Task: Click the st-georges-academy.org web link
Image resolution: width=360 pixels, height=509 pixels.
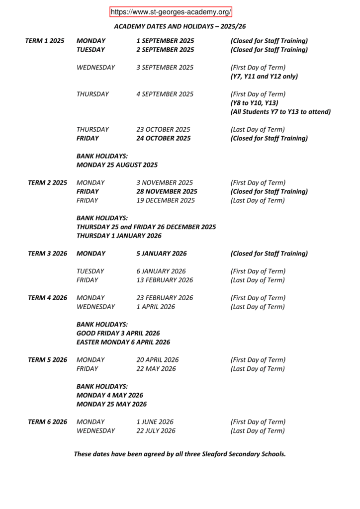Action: pyautogui.click(x=171, y=12)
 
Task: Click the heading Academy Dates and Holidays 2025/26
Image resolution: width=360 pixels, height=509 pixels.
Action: pyautogui.click(x=180, y=26)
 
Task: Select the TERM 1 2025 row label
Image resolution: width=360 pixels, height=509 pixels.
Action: pyautogui.click(x=45, y=41)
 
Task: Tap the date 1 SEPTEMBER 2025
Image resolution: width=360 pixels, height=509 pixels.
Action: pyautogui.click(x=165, y=41)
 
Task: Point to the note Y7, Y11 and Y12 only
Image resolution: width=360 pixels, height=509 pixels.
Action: pyautogui.click(x=264, y=77)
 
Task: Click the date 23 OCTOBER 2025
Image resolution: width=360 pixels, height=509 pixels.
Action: pyautogui.click(x=163, y=129)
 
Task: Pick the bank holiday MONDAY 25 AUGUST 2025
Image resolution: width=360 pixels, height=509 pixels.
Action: pyautogui.click(x=117, y=165)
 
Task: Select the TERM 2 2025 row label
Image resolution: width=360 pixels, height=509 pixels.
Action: pyautogui.click(x=47, y=182)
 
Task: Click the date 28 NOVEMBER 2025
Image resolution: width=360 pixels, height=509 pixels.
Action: pyautogui.click(x=167, y=191)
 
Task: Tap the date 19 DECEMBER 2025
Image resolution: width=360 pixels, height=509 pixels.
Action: pyautogui.click(x=166, y=200)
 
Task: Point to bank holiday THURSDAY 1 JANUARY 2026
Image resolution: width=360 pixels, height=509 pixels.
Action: pyautogui.click(x=119, y=236)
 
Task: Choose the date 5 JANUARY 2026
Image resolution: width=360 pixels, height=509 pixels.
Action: pyautogui.click(x=162, y=254)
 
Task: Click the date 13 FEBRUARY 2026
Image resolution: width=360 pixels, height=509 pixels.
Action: pyautogui.click(x=165, y=280)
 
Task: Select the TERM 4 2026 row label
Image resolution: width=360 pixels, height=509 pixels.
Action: pyautogui.click(x=47, y=298)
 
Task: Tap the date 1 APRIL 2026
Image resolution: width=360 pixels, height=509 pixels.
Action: pyautogui.click(x=156, y=307)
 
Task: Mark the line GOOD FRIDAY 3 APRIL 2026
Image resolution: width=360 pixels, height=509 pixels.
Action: pyautogui.click(x=118, y=333)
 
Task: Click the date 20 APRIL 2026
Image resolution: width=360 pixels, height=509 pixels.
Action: pyautogui.click(x=158, y=359)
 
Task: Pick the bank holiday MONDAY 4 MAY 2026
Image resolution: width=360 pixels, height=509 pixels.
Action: pyautogui.click(x=110, y=395)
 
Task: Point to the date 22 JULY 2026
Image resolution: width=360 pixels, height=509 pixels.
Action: pyautogui.click(x=156, y=430)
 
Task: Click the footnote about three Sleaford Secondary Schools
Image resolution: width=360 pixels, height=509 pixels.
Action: pyautogui.click(x=180, y=454)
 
